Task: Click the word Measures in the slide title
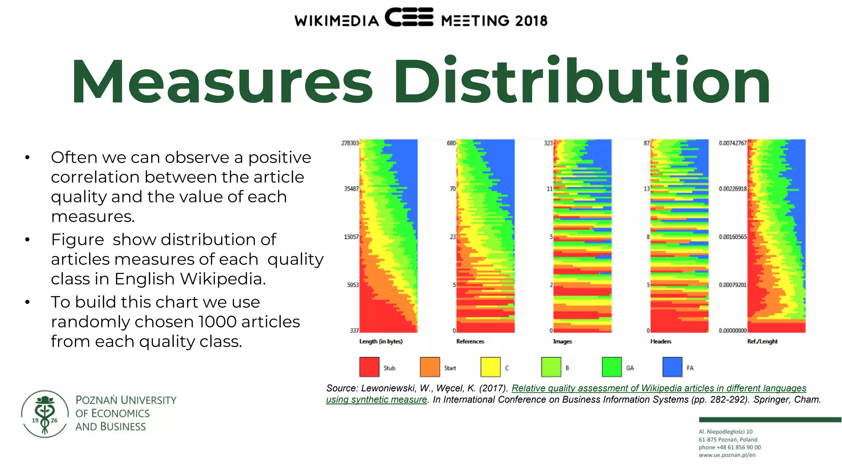pyautogui.click(x=222, y=82)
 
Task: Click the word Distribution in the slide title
pyautogui.click(x=582, y=82)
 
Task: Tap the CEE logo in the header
pyautogui.click(x=409, y=17)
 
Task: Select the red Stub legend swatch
pyautogui.click(x=369, y=367)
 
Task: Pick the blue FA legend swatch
pyautogui.click(x=672, y=367)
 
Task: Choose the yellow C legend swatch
pyautogui.click(x=490, y=367)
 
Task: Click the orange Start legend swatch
pyautogui.click(x=430, y=367)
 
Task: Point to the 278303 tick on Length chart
pyautogui.click(x=350, y=143)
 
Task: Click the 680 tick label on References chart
pyautogui.click(x=451, y=143)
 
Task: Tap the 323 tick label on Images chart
pyautogui.click(x=548, y=143)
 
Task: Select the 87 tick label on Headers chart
pyautogui.click(x=647, y=143)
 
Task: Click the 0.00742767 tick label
pyautogui.click(x=733, y=143)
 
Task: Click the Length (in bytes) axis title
pyautogui.click(x=381, y=342)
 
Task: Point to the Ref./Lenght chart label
pyautogui.click(x=762, y=342)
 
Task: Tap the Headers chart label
pyautogui.click(x=661, y=342)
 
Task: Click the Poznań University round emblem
pyautogui.click(x=45, y=414)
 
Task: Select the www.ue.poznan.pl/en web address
pyautogui.click(x=727, y=455)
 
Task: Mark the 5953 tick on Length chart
pyautogui.click(x=353, y=285)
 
